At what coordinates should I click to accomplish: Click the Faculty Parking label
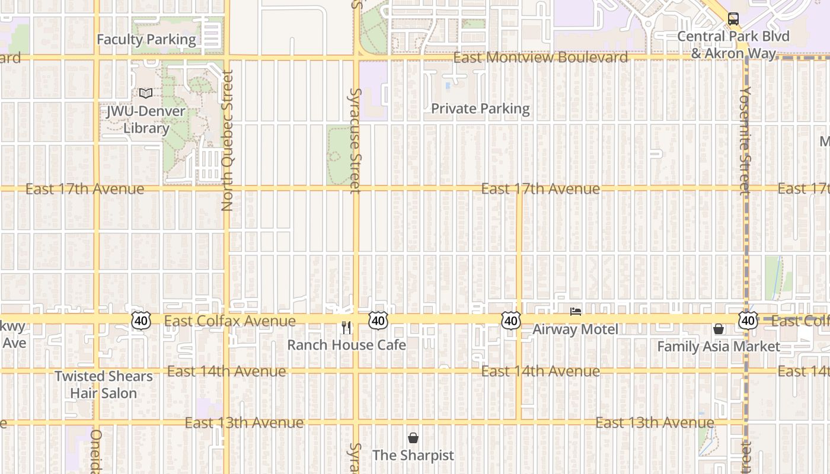point(146,40)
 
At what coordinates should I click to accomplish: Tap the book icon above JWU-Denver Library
point(146,93)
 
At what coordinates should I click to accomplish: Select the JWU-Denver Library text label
point(146,120)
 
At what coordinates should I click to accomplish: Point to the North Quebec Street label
point(227,140)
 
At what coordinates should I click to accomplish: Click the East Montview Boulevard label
point(541,57)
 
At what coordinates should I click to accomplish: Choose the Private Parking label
point(480,108)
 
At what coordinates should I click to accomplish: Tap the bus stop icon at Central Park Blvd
point(733,19)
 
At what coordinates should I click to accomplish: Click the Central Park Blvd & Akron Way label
point(733,45)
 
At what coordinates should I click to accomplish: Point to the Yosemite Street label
point(745,140)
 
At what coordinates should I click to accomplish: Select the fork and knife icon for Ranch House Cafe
point(347,327)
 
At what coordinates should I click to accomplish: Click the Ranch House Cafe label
point(347,345)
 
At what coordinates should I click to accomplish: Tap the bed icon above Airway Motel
point(575,312)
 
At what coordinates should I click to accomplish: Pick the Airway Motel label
point(575,329)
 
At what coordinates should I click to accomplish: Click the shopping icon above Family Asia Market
point(719,329)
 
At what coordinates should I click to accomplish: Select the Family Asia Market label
point(719,347)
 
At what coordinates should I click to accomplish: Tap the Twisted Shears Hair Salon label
point(104,385)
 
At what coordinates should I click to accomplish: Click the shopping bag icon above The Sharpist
point(413,438)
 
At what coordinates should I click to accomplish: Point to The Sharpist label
point(413,456)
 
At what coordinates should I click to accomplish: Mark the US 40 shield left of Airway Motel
point(510,321)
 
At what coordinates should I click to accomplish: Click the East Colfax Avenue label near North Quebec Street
point(230,321)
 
